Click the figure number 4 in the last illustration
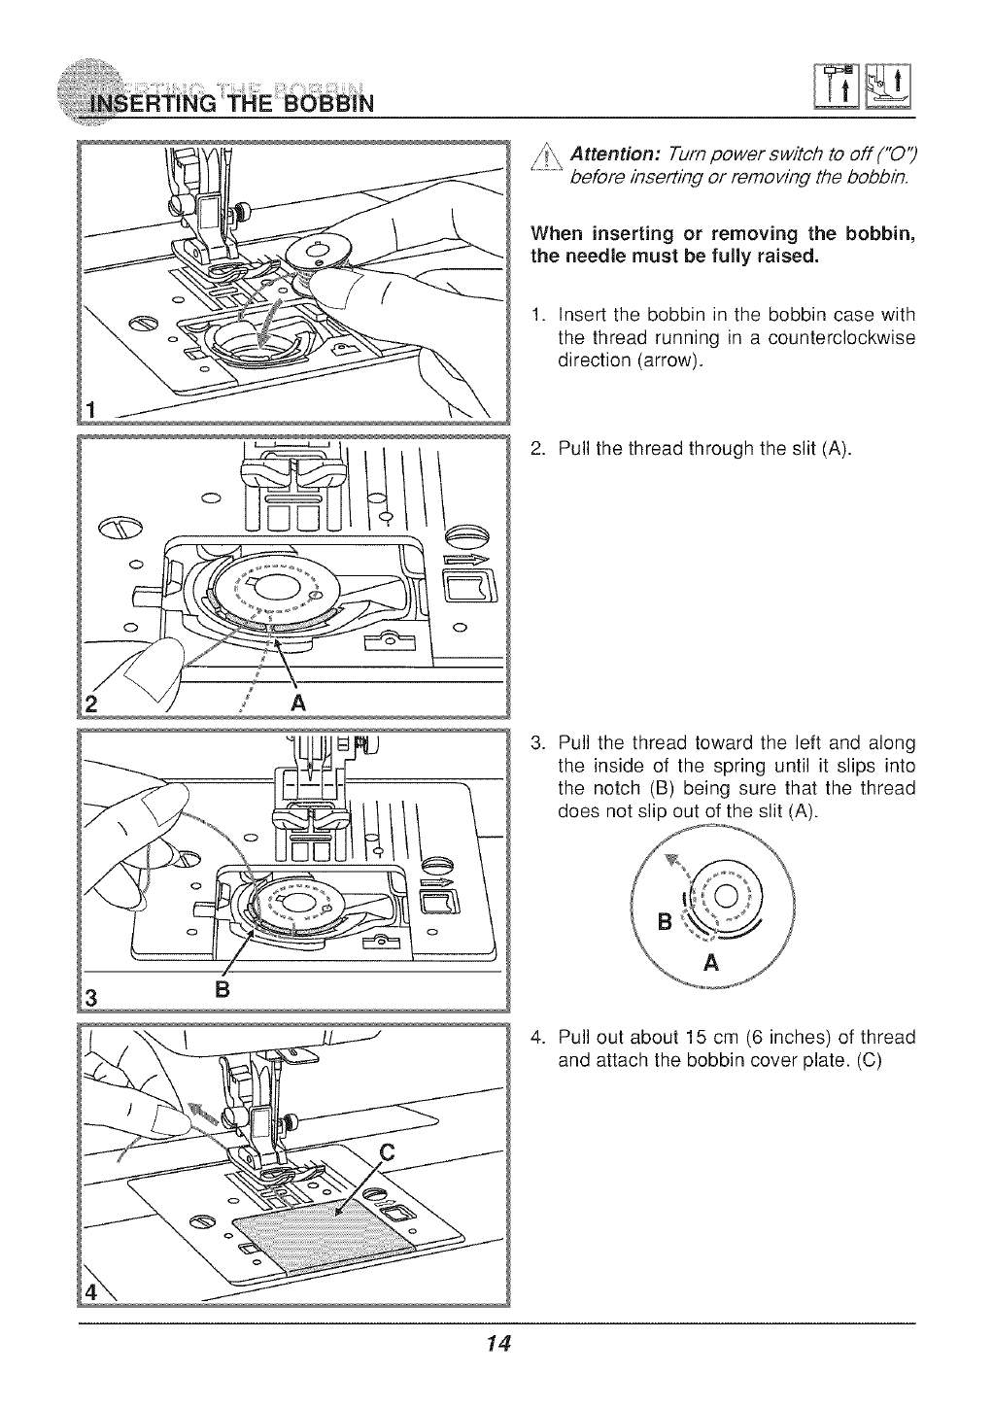tap(91, 1294)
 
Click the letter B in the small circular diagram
tap(665, 921)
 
